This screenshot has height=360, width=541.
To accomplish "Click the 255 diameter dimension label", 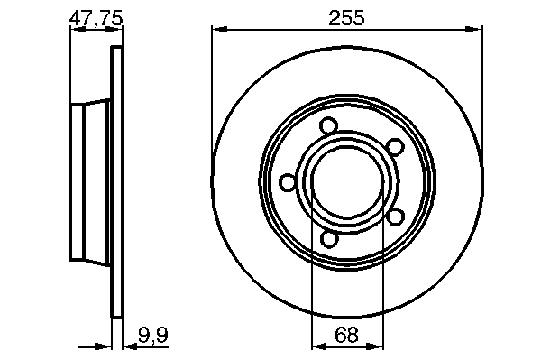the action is tap(346, 18).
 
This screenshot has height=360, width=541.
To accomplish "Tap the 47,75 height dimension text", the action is tap(96, 18).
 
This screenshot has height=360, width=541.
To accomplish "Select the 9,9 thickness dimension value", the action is tap(153, 335).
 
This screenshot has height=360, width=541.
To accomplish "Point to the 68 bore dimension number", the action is tap(346, 335).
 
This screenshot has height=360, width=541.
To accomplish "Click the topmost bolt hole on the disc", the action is tap(328, 125).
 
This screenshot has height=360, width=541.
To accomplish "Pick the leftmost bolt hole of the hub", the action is tap(288, 182).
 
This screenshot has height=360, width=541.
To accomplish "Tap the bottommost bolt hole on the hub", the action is tap(329, 239).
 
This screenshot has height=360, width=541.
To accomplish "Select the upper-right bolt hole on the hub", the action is tap(395, 146).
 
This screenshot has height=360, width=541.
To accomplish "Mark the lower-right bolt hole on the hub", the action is tap(396, 217).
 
